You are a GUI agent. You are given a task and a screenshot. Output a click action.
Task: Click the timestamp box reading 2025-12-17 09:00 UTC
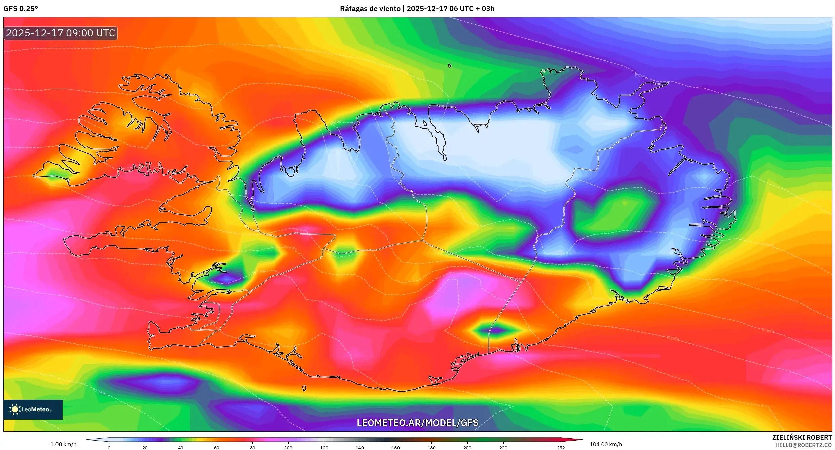pos(61,33)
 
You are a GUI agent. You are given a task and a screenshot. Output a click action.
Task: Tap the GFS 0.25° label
pos(21,9)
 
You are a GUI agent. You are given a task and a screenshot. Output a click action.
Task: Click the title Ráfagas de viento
pos(370,9)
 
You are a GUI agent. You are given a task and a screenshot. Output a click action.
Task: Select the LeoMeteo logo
pos(33,409)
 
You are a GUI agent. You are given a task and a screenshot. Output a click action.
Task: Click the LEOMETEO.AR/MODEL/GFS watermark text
pos(417,423)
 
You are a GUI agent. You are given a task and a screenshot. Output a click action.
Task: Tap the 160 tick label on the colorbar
pos(396,447)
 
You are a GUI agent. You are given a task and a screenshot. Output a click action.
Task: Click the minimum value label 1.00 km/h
pos(63,444)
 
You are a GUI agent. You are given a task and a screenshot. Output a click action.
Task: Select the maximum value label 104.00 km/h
pos(606,444)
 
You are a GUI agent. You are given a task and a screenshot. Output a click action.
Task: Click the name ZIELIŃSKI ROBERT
pos(802,437)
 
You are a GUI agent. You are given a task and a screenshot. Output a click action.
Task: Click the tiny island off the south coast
pos(304,388)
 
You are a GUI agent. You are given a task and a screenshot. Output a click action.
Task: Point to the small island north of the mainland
pos(450,66)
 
